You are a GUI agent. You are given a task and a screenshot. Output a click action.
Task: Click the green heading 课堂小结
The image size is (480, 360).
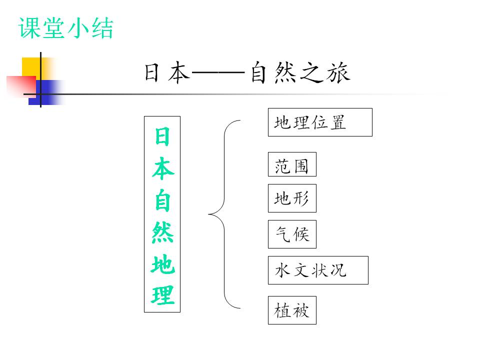pyautogui.click(x=66, y=28)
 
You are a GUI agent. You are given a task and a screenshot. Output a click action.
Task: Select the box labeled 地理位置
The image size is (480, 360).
pyautogui.click(x=320, y=122)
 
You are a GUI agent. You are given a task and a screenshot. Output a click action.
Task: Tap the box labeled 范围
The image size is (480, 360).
pyautogui.click(x=292, y=164)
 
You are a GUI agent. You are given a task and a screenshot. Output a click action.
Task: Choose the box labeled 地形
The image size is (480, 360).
pyautogui.click(x=292, y=198)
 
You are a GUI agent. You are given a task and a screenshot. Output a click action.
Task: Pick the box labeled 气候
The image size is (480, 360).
pyautogui.click(x=292, y=234)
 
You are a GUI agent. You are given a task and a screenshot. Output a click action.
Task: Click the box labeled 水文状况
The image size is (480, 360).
pyautogui.click(x=318, y=270)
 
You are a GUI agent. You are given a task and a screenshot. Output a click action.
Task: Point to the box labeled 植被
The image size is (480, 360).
pyautogui.click(x=292, y=310)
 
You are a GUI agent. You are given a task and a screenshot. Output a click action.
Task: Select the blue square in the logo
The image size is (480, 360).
pyautogui.click(x=46, y=92)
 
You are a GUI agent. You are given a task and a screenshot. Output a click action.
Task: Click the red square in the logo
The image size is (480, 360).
pyautogui.click(x=21, y=86)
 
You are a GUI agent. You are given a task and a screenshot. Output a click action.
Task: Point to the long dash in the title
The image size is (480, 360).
pyautogui.click(x=218, y=73)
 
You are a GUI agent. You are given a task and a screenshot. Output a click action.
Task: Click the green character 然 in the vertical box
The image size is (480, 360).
pyautogui.click(x=162, y=232)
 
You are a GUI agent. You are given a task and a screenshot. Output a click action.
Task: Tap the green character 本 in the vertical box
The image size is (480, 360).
pyautogui.click(x=163, y=168)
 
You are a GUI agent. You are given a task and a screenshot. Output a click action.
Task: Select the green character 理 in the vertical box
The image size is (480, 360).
pyautogui.click(x=162, y=295)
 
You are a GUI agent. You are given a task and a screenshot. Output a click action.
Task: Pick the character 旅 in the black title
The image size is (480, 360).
pyautogui.click(x=338, y=72)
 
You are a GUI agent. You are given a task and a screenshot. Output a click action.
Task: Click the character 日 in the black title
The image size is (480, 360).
pyautogui.click(x=152, y=73)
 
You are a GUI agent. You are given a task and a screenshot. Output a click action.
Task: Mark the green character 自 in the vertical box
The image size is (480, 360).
pyautogui.click(x=162, y=200)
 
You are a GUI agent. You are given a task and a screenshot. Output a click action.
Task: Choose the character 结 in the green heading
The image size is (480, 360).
pyautogui.click(x=102, y=28)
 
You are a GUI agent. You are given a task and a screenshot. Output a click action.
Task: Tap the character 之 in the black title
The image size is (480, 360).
pyautogui.click(x=311, y=72)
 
